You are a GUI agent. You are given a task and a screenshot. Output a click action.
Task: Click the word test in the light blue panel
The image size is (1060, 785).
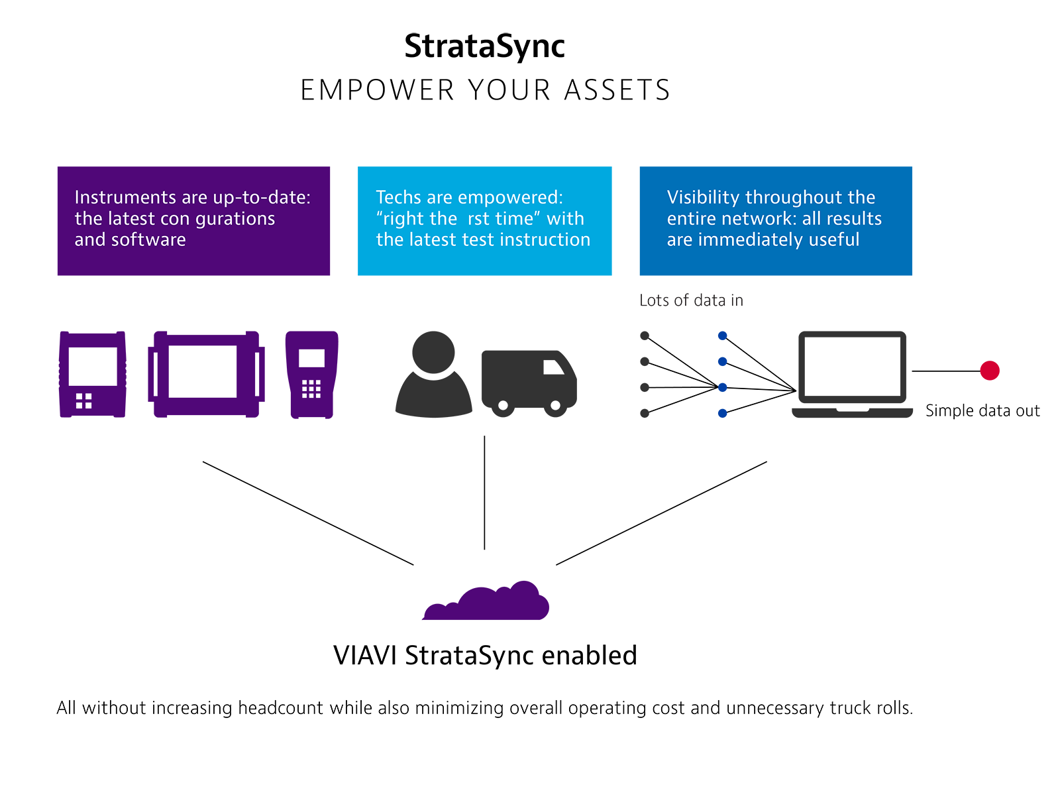click(476, 239)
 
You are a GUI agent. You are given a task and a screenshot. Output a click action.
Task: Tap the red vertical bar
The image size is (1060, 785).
click(1008, 199)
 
